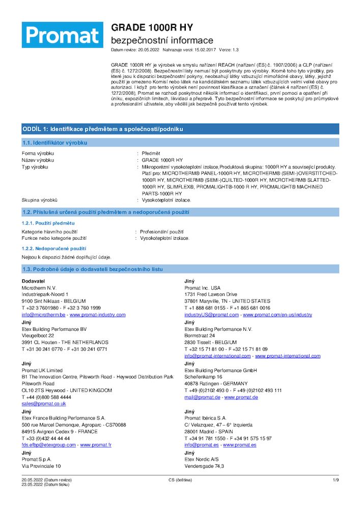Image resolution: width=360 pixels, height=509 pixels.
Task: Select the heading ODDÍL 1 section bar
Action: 180,129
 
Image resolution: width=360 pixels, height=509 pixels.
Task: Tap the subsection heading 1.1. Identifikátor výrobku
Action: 55,143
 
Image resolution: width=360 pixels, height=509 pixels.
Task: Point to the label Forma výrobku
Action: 38,153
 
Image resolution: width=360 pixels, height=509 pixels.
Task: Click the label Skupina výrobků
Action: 40,200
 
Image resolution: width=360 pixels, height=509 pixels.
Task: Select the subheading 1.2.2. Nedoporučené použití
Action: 53,248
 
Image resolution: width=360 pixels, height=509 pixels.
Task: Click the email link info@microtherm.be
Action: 44,315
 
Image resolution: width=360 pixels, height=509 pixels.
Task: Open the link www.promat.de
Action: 241,397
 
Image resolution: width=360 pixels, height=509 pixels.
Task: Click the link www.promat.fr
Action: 96,445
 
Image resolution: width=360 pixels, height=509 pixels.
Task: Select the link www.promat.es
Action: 239,445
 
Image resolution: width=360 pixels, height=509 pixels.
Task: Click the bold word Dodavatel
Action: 33,281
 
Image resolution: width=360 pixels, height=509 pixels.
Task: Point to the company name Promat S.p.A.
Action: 37,459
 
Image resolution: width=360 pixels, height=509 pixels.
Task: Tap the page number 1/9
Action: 336,480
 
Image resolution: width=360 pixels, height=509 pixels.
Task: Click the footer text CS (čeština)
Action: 179,480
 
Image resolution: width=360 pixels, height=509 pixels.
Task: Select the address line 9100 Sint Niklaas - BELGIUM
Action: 54,301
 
